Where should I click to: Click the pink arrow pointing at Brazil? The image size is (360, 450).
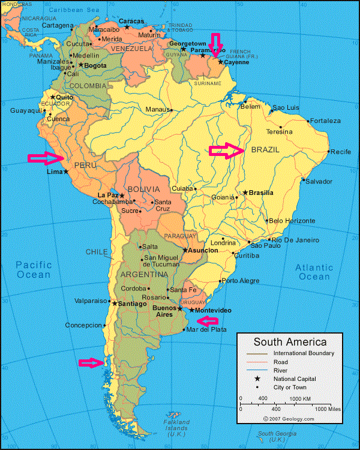(x=227, y=151)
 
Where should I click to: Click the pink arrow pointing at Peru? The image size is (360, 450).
(x=46, y=158)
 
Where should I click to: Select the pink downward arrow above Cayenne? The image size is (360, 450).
(x=215, y=46)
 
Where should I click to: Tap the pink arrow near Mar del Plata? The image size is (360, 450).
(x=207, y=320)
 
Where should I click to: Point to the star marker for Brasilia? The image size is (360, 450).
(x=245, y=193)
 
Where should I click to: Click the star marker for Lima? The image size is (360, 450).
(x=66, y=172)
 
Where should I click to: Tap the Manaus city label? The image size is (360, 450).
(x=157, y=109)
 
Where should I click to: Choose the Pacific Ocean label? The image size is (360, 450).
(x=34, y=269)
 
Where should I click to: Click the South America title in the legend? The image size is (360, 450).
(x=290, y=342)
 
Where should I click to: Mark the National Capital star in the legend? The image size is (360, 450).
(x=257, y=379)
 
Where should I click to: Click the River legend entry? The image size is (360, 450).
(x=280, y=371)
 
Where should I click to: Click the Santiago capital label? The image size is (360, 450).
(x=133, y=304)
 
